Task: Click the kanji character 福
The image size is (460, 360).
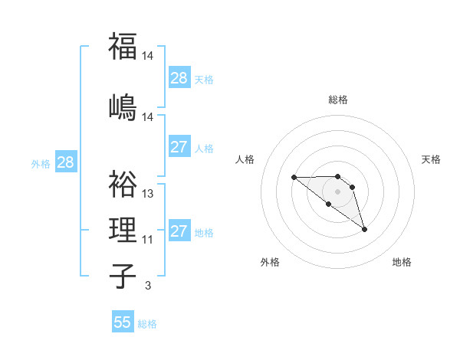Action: tap(123, 46)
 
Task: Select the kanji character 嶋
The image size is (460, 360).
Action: tap(123, 107)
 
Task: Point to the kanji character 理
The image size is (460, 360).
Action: tap(123, 229)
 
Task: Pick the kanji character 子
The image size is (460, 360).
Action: tap(123, 277)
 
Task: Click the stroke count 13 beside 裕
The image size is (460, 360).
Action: tap(148, 194)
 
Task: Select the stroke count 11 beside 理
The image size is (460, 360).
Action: tap(148, 240)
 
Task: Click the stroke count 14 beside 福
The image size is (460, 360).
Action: tap(148, 56)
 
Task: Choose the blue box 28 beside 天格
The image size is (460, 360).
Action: tap(179, 78)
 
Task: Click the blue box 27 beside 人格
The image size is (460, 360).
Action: tap(179, 147)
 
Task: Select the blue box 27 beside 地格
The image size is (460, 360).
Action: tap(179, 231)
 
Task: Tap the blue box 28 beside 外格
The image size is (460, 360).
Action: tap(65, 162)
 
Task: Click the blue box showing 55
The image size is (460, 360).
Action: tap(123, 322)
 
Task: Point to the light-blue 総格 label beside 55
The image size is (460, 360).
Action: tap(147, 324)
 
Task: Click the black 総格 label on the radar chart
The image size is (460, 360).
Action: tap(337, 100)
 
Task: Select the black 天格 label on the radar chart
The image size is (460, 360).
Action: tap(431, 159)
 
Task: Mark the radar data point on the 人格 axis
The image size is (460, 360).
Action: tap(294, 178)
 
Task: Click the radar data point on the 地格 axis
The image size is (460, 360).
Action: tap(364, 229)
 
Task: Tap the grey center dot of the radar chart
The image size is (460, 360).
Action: tap(337, 191)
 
